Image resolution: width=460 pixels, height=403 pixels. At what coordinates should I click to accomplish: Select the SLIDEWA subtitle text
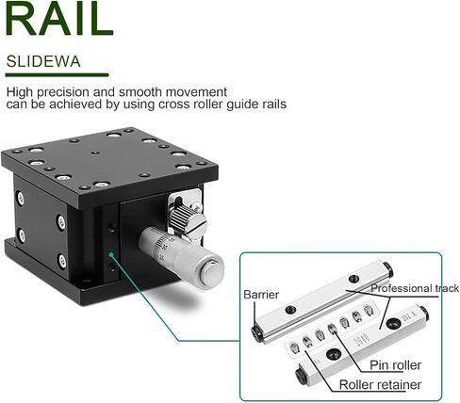43,61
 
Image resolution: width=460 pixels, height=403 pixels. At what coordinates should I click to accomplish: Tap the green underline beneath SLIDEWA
57,75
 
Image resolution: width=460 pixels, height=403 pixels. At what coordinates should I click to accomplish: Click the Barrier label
261,295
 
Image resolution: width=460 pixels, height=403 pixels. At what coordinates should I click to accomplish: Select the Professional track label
415,288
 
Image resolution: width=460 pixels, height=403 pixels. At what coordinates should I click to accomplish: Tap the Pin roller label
395,365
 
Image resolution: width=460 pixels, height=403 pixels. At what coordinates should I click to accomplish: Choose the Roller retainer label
380,384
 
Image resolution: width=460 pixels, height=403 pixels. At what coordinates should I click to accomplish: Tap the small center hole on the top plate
95,153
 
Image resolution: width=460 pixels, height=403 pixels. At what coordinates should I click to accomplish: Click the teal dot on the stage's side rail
110,254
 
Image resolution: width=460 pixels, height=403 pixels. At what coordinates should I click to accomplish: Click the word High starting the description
20,92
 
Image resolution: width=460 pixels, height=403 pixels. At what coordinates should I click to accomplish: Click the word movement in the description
196,92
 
